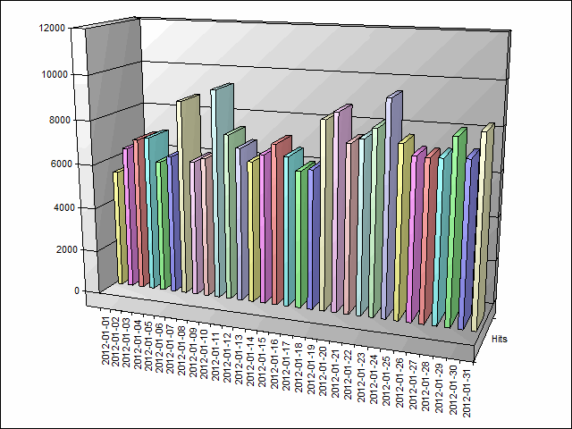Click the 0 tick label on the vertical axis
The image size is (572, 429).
coord(63,290)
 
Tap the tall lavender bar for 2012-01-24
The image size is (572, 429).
coord(391,206)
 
